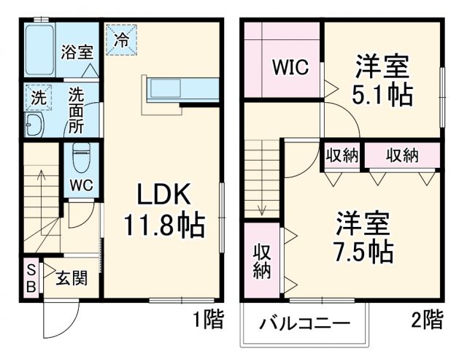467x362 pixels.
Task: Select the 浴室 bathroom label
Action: [77, 52]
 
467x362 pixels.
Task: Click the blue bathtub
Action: [39, 52]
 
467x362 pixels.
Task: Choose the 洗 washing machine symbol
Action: [35, 95]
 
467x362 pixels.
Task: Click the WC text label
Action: [80, 185]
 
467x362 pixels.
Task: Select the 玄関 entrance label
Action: [71, 278]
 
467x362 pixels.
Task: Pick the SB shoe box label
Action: [31, 277]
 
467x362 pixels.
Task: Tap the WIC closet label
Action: [290, 67]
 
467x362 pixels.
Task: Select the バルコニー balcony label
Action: [305, 322]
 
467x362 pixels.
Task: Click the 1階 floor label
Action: [208, 319]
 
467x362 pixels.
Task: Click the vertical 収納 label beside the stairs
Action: [262, 261]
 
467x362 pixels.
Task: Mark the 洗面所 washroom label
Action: [77, 109]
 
